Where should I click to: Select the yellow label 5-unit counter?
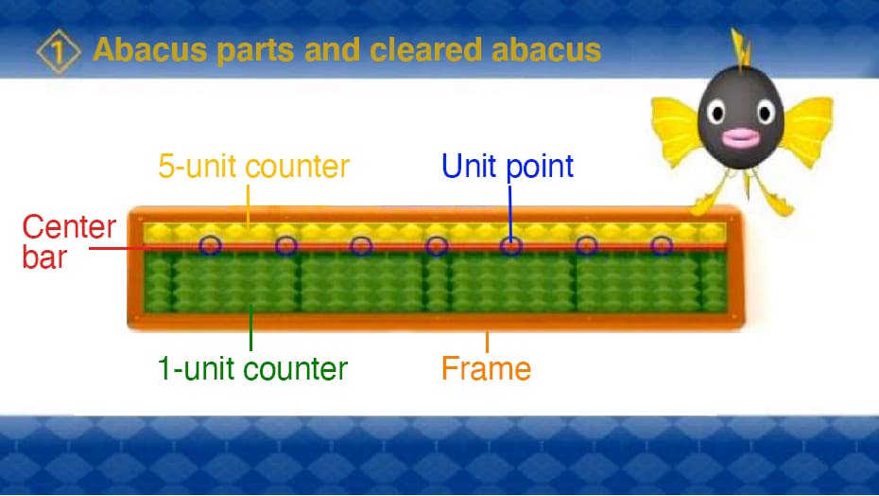pyautogui.click(x=253, y=167)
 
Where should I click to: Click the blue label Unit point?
pyautogui.click(x=508, y=167)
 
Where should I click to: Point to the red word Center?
pyautogui.click(x=69, y=227)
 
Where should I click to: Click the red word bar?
pyautogui.click(x=43, y=256)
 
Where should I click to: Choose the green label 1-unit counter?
pyautogui.click(x=252, y=368)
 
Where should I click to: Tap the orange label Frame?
pyautogui.click(x=486, y=367)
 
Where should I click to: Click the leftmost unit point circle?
pyautogui.click(x=210, y=246)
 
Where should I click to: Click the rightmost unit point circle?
pyautogui.click(x=662, y=246)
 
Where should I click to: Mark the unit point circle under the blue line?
pyautogui.click(x=510, y=246)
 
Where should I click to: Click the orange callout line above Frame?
pyautogui.click(x=487, y=342)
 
